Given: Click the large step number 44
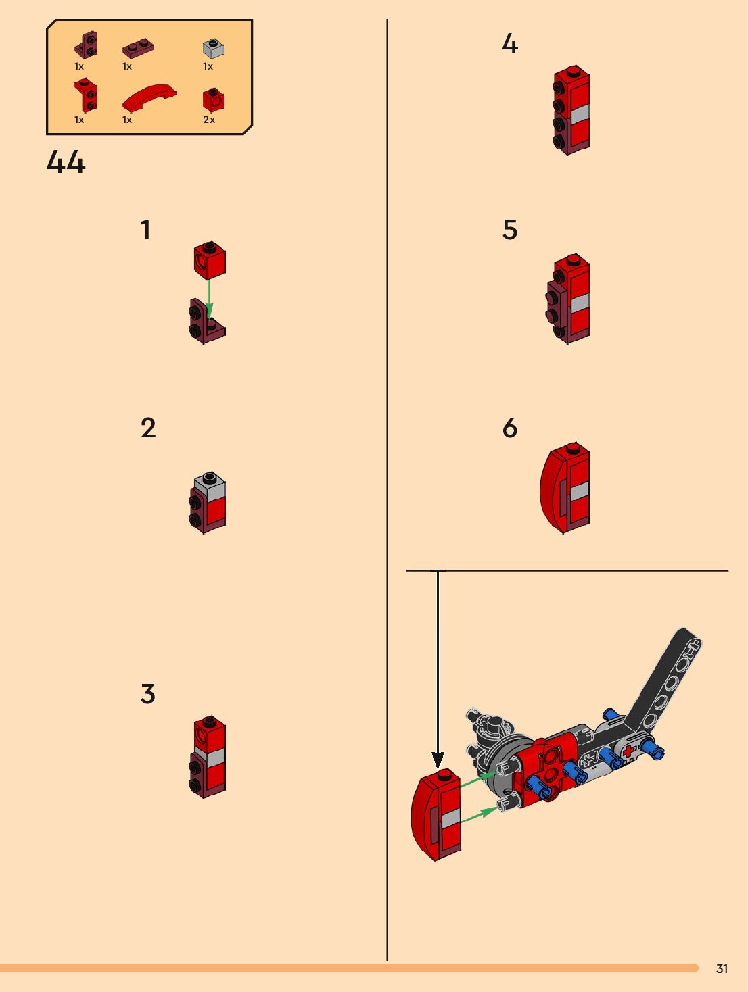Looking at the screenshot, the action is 66,162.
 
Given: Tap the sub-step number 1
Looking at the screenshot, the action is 145,230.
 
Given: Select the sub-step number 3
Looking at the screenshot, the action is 147,694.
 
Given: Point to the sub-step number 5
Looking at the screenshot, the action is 510,230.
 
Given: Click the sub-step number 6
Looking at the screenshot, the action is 510,428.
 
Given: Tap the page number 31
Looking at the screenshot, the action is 722,968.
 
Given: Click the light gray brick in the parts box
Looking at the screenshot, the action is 213,48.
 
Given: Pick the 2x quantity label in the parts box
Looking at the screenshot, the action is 209,120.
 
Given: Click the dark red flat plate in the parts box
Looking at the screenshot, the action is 138,48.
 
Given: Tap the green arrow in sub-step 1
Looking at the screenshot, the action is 210,297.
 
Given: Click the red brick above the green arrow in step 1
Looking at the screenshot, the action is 210,259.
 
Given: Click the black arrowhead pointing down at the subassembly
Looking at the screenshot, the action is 438,760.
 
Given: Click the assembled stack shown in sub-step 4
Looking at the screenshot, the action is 571,111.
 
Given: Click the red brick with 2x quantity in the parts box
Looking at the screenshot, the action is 212,100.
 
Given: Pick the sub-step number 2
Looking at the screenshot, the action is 147,428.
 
